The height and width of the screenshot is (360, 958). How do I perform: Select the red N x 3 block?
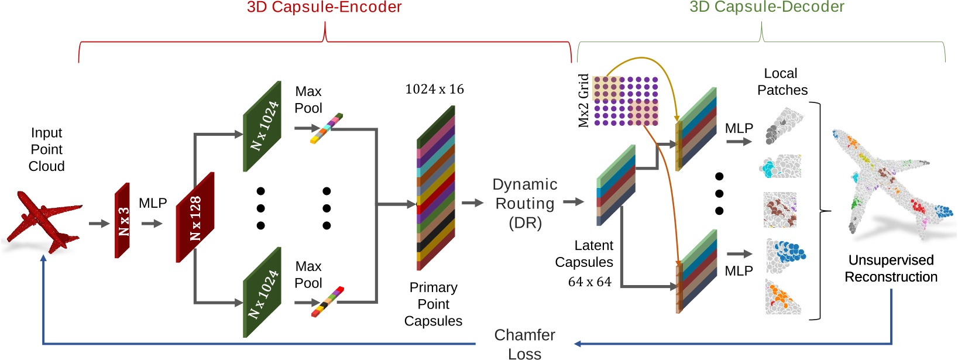coord(122,221)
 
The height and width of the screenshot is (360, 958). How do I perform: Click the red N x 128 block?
coord(195,217)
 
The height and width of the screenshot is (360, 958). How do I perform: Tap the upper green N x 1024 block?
coord(262,126)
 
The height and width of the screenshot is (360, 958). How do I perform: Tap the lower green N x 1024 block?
coord(262,292)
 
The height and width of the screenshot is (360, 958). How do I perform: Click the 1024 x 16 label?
coord(434,89)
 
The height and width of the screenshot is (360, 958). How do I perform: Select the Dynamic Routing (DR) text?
coord(524,203)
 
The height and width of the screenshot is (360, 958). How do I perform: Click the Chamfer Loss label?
coord(524,344)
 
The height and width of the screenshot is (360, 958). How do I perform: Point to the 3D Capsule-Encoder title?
coord(324,8)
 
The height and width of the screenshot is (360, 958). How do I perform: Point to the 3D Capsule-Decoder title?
coord(767,7)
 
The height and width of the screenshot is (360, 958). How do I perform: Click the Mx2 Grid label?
coord(583,100)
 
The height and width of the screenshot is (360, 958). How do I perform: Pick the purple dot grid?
coord(626,101)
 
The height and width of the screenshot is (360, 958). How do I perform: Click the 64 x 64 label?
coord(589,282)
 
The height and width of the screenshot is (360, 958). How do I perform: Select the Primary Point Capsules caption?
coord(433,304)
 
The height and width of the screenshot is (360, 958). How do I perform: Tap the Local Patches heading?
coord(781,81)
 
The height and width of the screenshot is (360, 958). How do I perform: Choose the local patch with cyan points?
coord(780,167)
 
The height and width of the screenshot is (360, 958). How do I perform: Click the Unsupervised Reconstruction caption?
coord(891,268)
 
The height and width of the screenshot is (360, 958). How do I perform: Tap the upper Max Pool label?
coord(308,100)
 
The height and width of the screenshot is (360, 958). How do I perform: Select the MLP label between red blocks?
coord(153,203)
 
